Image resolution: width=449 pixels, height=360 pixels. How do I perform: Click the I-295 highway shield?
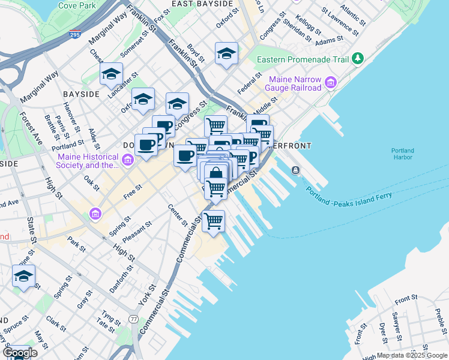click(x=75, y=35)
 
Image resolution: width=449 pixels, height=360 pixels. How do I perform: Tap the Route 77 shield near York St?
click(x=133, y=319)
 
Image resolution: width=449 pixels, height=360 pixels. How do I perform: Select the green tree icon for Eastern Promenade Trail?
click(x=358, y=58)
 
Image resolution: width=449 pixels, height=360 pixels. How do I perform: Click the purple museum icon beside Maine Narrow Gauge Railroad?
click(x=330, y=82)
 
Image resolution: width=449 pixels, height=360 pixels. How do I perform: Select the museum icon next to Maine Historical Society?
click(x=127, y=160)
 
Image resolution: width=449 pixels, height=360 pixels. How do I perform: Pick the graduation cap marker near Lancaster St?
click(x=111, y=74)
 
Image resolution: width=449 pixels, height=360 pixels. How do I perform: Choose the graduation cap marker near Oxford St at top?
click(x=226, y=53)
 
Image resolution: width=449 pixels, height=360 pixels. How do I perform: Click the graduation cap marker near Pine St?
click(x=24, y=277)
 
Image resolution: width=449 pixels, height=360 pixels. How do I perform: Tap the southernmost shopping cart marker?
click(x=213, y=221)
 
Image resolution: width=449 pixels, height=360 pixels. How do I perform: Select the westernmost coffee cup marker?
click(x=146, y=145)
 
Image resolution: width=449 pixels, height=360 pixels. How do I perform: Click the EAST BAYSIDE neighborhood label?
click(x=202, y=4)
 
